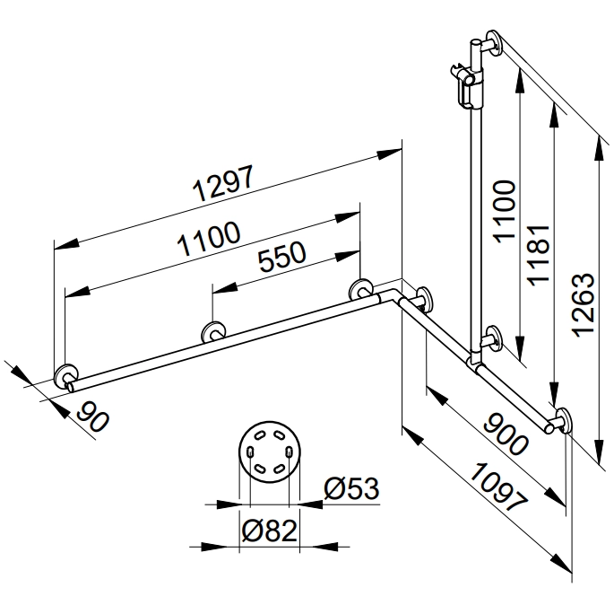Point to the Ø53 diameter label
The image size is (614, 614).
coord(351,490)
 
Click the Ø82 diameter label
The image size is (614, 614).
coord(269,531)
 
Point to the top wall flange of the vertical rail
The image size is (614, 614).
coord(492,44)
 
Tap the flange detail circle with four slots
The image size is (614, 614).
coord(269,452)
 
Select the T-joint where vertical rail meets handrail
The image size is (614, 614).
coord(476,362)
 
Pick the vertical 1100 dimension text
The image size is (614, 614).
coord(505,211)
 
